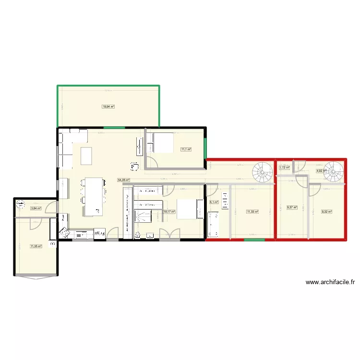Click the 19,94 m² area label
pyautogui.click(x=108, y=107)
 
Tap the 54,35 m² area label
pyautogui.click(x=123, y=180)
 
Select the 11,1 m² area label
pyautogui.click(x=186, y=149)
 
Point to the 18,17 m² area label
pyautogui.click(x=168, y=211)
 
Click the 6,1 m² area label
pyautogui.click(x=214, y=202)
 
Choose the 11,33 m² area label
pyautogui.click(x=252, y=211)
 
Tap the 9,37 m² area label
pyautogui.click(x=292, y=208)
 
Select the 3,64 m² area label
pyautogui.click(x=36, y=208)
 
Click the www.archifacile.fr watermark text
pyautogui.click(x=330, y=283)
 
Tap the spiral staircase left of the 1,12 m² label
pyautogui.click(x=263, y=171)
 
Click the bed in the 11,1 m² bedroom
pyautogui.click(x=161, y=143)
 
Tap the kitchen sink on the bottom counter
pyautogui.click(x=79, y=235)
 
